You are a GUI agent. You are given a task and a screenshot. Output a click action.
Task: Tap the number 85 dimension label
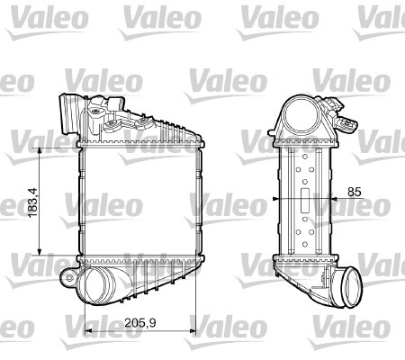354,192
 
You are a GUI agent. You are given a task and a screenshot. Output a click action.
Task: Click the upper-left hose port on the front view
68,112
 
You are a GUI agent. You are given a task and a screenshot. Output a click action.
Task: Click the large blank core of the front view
139,202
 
